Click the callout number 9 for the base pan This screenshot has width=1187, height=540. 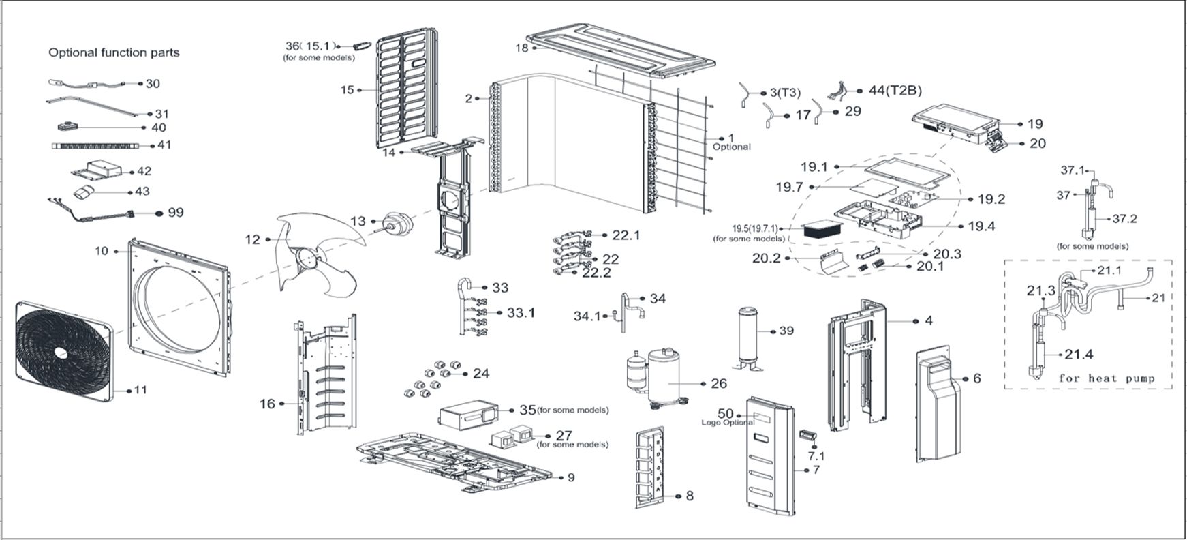tap(570, 477)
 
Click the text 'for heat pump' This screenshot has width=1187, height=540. tap(1106, 378)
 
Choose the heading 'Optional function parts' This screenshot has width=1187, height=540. tap(114, 52)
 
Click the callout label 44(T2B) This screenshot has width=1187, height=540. tap(890, 91)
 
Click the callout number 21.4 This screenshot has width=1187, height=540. tap(1079, 355)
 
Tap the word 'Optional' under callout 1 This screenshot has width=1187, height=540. tap(731, 147)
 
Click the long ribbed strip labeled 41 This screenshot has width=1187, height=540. tap(95, 145)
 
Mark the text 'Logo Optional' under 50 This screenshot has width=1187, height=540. tap(727, 423)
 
